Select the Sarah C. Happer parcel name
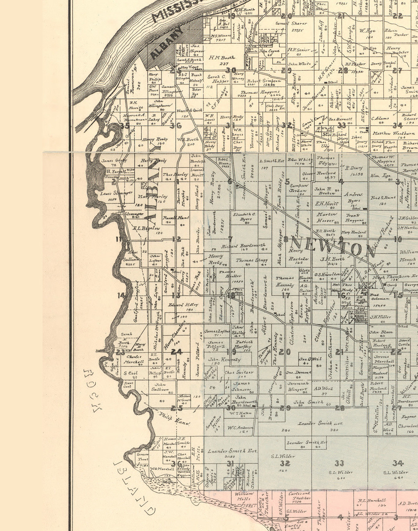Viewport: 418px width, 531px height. coord(219,79)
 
